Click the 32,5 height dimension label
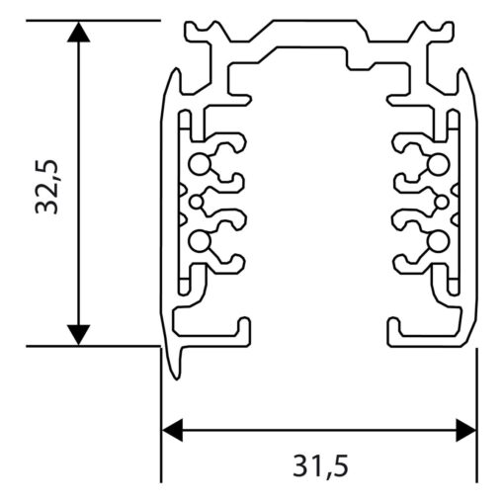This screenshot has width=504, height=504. click(x=47, y=187)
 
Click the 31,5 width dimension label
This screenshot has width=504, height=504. click(x=320, y=465)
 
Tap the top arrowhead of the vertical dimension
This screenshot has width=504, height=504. click(x=78, y=32)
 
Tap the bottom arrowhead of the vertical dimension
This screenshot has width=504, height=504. click(x=78, y=335)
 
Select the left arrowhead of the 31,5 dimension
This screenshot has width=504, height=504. click(x=173, y=430)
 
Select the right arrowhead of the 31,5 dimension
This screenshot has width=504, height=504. click(x=466, y=430)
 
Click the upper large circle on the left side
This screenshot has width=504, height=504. click(x=200, y=164)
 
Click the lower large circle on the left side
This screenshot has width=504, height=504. click(x=200, y=241)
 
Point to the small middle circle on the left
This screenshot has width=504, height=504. click(x=197, y=203)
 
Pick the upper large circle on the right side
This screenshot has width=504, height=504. click(x=439, y=164)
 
